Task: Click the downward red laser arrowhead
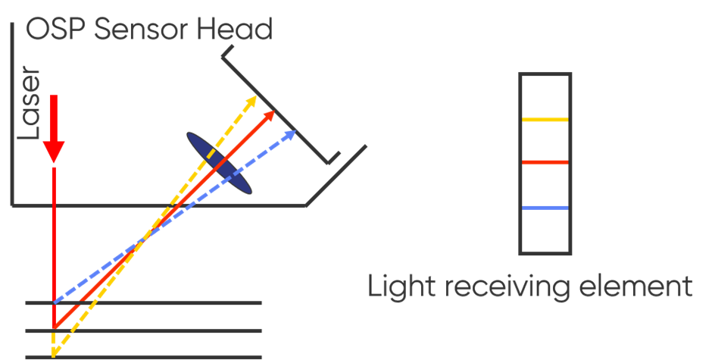click(x=53, y=152)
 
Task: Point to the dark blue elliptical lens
click(x=219, y=163)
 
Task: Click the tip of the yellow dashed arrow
click(x=255, y=98)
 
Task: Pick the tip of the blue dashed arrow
click(x=294, y=130)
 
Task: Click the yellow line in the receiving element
click(x=545, y=120)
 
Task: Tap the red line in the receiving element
click(x=545, y=162)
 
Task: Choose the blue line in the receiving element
click(x=545, y=208)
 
